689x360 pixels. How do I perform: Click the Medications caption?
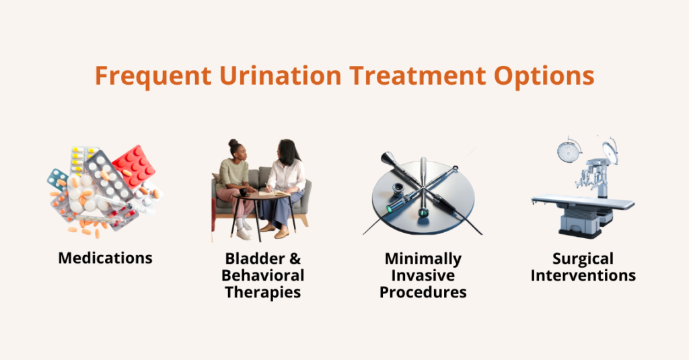coord(105,258)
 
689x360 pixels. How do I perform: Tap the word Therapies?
coord(263,292)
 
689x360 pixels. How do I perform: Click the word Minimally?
coord(423,258)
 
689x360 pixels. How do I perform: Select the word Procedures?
coord(423,292)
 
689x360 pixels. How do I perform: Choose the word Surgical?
coord(583,258)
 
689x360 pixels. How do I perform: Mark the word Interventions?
coord(583,275)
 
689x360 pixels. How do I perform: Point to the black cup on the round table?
coord(244,192)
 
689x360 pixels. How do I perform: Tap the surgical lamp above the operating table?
coord(569,151)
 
